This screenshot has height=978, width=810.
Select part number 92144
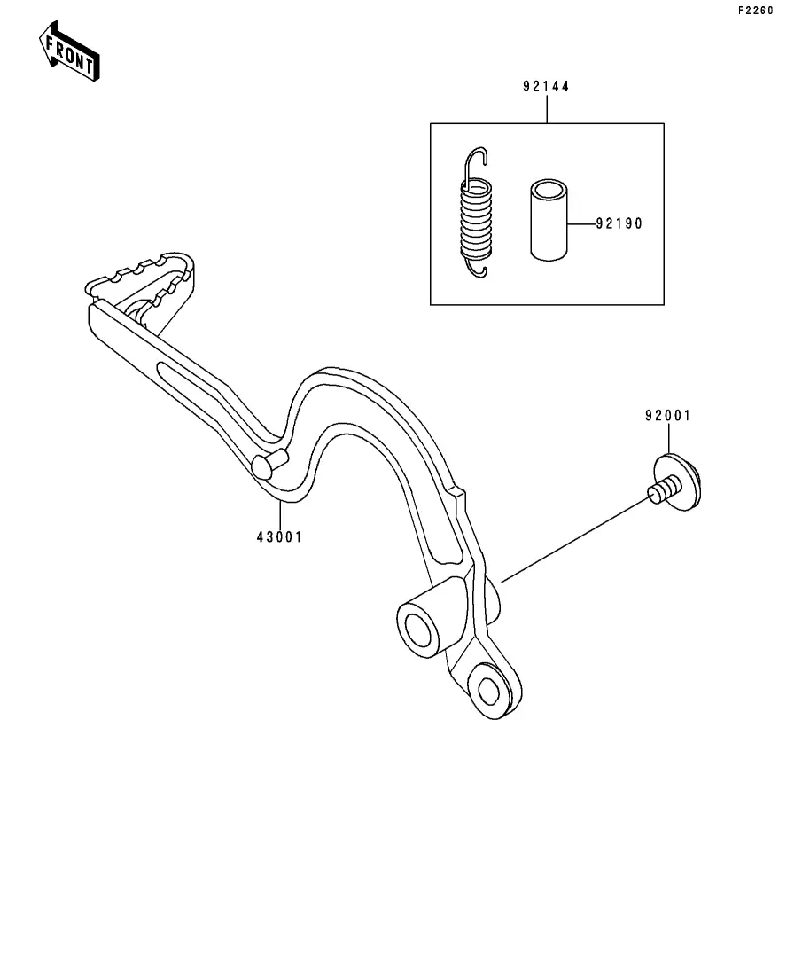[x=546, y=87]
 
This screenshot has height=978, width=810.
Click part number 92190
[x=618, y=224]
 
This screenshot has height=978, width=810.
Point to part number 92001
[x=667, y=416]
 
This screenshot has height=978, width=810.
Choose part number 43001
[x=279, y=536]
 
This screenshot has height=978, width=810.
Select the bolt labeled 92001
[x=677, y=483]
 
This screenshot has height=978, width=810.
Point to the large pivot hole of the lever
[x=419, y=630]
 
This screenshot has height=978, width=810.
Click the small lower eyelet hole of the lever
[x=487, y=690]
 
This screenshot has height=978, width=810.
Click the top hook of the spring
[x=478, y=160]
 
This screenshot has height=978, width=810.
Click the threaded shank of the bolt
[x=662, y=489]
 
